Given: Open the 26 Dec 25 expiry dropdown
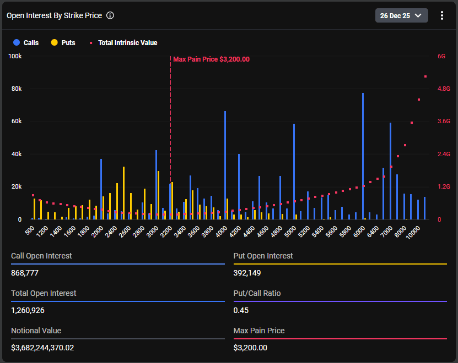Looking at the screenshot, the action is pyautogui.click(x=401, y=15).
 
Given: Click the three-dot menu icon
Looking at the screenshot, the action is pyautogui.click(x=442, y=15).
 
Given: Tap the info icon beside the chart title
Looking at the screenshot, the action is pyautogui.click(x=110, y=15).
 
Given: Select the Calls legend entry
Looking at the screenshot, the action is pyautogui.click(x=26, y=42).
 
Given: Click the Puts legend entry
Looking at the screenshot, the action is pyautogui.click(x=63, y=42).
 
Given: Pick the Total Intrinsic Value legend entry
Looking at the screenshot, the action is pyautogui.click(x=123, y=43).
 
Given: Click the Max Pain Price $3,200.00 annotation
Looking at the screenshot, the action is pyautogui.click(x=212, y=59).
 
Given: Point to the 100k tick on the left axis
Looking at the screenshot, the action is pyautogui.click(x=15, y=56).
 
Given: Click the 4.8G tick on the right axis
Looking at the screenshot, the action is pyautogui.click(x=444, y=89).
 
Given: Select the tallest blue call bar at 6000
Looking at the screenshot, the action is pyautogui.click(x=363, y=156).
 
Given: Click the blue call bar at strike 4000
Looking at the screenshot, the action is pyautogui.click(x=225, y=166).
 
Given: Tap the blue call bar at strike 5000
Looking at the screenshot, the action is pyautogui.click(x=294, y=172).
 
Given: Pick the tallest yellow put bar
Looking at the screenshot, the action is pyautogui.click(x=124, y=193).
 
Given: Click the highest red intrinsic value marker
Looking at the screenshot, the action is pyautogui.click(x=425, y=76).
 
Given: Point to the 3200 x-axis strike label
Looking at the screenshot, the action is pyautogui.click(x=166, y=232).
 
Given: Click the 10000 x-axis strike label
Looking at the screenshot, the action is pyautogui.click(x=413, y=233).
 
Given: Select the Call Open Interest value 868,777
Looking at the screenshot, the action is pyautogui.click(x=25, y=273).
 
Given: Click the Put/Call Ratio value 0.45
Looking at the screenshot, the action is pyautogui.click(x=241, y=310).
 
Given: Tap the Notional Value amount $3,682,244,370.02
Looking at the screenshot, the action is pyautogui.click(x=42, y=348).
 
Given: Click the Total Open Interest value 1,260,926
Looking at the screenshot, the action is pyautogui.click(x=28, y=310).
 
